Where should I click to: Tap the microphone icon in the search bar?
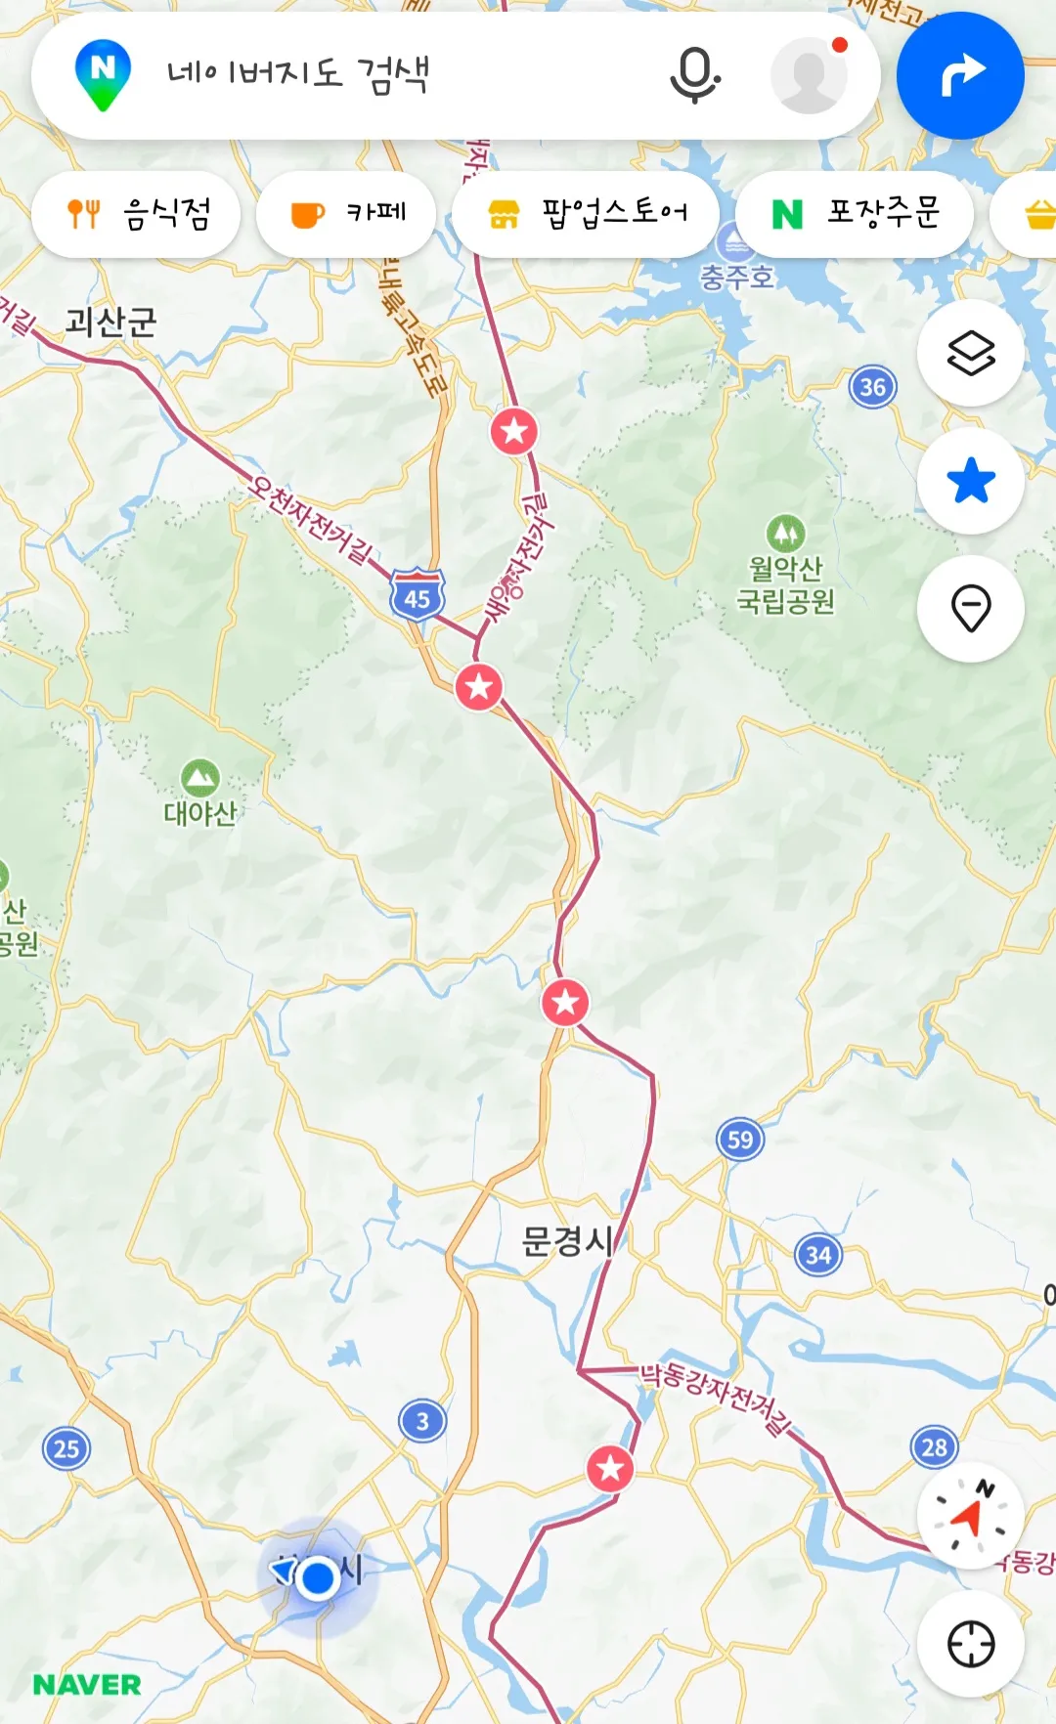click(694, 75)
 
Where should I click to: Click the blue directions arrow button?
click(960, 75)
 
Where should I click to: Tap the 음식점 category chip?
click(136, 214)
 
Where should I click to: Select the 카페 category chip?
click(346, 214)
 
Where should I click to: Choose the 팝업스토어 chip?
click(586, 214)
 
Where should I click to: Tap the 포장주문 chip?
click(855, 214)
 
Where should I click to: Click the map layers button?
click(970, 353)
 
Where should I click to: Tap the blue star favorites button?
click(970, 481)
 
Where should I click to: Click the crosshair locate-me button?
click(970, 1644)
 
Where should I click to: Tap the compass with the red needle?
click(970, 1516)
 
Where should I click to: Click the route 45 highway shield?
click(418, 595)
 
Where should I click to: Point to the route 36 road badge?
click(872, 388)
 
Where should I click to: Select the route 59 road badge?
click(740, 1140)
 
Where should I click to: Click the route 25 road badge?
click(66, 1448)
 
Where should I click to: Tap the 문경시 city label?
click(567, 1241)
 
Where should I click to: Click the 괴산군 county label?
click(110, 322)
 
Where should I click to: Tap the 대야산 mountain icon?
click(200, 779)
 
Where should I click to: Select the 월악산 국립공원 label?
click(785, 583)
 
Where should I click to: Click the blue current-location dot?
click(318, 1577)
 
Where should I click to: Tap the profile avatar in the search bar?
click(809, 75)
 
